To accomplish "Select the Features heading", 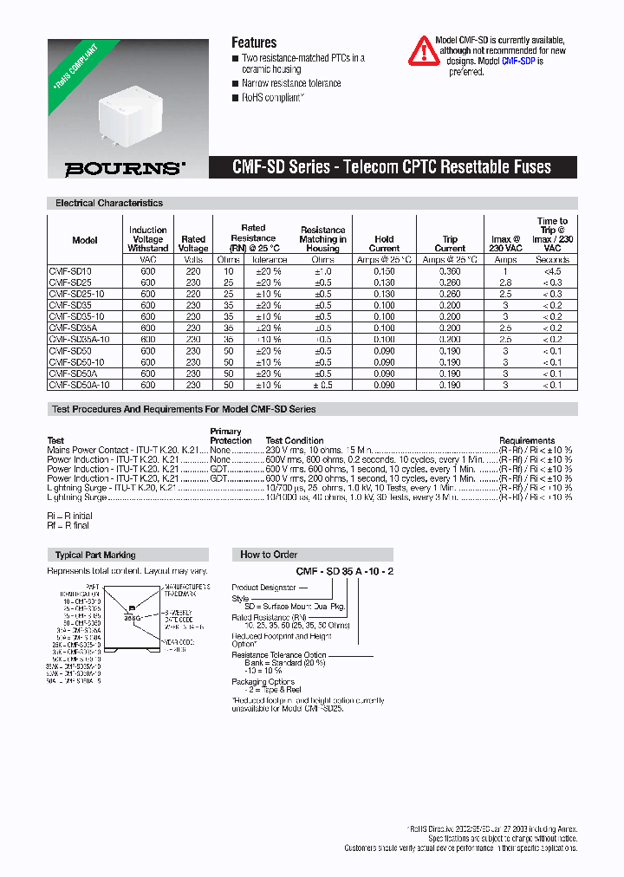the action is point(254,42).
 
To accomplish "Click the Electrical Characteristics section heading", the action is point(109,203).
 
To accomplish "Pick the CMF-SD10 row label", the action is point(70,271).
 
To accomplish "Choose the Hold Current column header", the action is point(384,244).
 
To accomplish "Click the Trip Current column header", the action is point(449,244).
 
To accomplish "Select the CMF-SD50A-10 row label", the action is point(79,384).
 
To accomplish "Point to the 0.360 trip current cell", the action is point(449,271).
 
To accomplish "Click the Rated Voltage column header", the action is point(193,244).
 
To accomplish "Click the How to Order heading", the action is point(269,555).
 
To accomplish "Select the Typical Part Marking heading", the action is point(95,555).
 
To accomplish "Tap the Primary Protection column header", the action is point(226,436).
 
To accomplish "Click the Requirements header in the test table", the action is point(527,440).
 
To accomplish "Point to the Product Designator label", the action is point(263,588).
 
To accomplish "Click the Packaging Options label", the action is point(263,682).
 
